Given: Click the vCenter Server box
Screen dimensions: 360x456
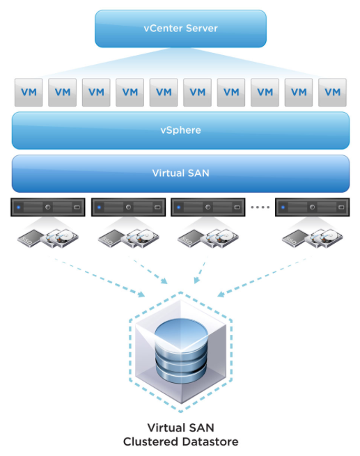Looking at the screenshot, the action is (180, 29).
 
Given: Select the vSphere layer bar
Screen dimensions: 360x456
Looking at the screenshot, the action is (180, 130).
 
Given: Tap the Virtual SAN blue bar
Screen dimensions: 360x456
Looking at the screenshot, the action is (180, 173).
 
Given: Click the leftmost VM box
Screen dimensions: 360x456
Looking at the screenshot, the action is (29, 92).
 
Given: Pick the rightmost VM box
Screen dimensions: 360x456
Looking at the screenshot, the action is (332, 92).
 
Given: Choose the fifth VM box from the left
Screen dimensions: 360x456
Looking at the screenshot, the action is (164, 92).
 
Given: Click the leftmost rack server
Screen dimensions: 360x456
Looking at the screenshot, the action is (48, 207).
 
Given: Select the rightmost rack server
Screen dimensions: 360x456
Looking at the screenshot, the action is (313, 207).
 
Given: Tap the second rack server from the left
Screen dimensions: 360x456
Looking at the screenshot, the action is (129, 207).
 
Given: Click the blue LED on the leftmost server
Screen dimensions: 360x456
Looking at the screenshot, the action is (19, 207).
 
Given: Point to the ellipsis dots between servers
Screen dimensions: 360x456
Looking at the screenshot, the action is (260, 207).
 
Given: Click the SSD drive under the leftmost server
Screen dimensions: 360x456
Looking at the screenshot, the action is (30, 239).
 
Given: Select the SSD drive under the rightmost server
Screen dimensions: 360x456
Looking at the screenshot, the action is (295, 239).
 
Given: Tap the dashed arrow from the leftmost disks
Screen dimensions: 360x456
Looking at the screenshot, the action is (96, 276).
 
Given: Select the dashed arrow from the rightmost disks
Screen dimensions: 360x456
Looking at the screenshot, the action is (265, 276).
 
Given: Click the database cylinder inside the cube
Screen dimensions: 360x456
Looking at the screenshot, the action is (181, 350).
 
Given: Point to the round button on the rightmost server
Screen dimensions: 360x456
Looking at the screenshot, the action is (313, 207).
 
